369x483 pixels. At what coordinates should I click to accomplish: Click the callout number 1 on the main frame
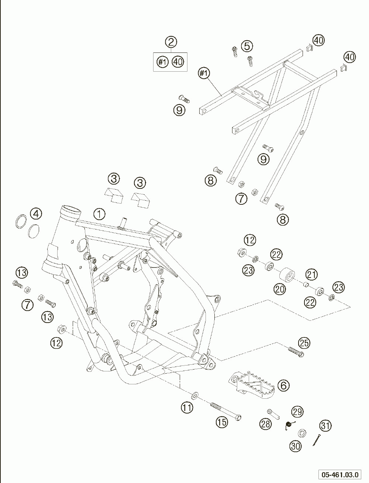[99, 213]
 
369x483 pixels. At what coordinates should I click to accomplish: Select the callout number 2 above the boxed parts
[171, 42]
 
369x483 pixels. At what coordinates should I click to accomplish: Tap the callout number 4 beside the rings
[36, 213]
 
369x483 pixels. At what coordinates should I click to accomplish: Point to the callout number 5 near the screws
[247, 46]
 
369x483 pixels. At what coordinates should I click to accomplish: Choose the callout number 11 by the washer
[187, 408]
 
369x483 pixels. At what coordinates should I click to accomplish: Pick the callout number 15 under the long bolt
[222, 422]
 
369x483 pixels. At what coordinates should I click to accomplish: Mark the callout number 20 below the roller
[280, 289]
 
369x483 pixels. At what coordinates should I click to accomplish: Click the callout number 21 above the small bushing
[311, 274]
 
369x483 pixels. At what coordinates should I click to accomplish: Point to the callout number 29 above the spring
[297, 411]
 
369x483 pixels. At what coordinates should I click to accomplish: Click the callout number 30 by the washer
[295, 446]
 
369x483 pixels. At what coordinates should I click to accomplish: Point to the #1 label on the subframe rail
[204, 74]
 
